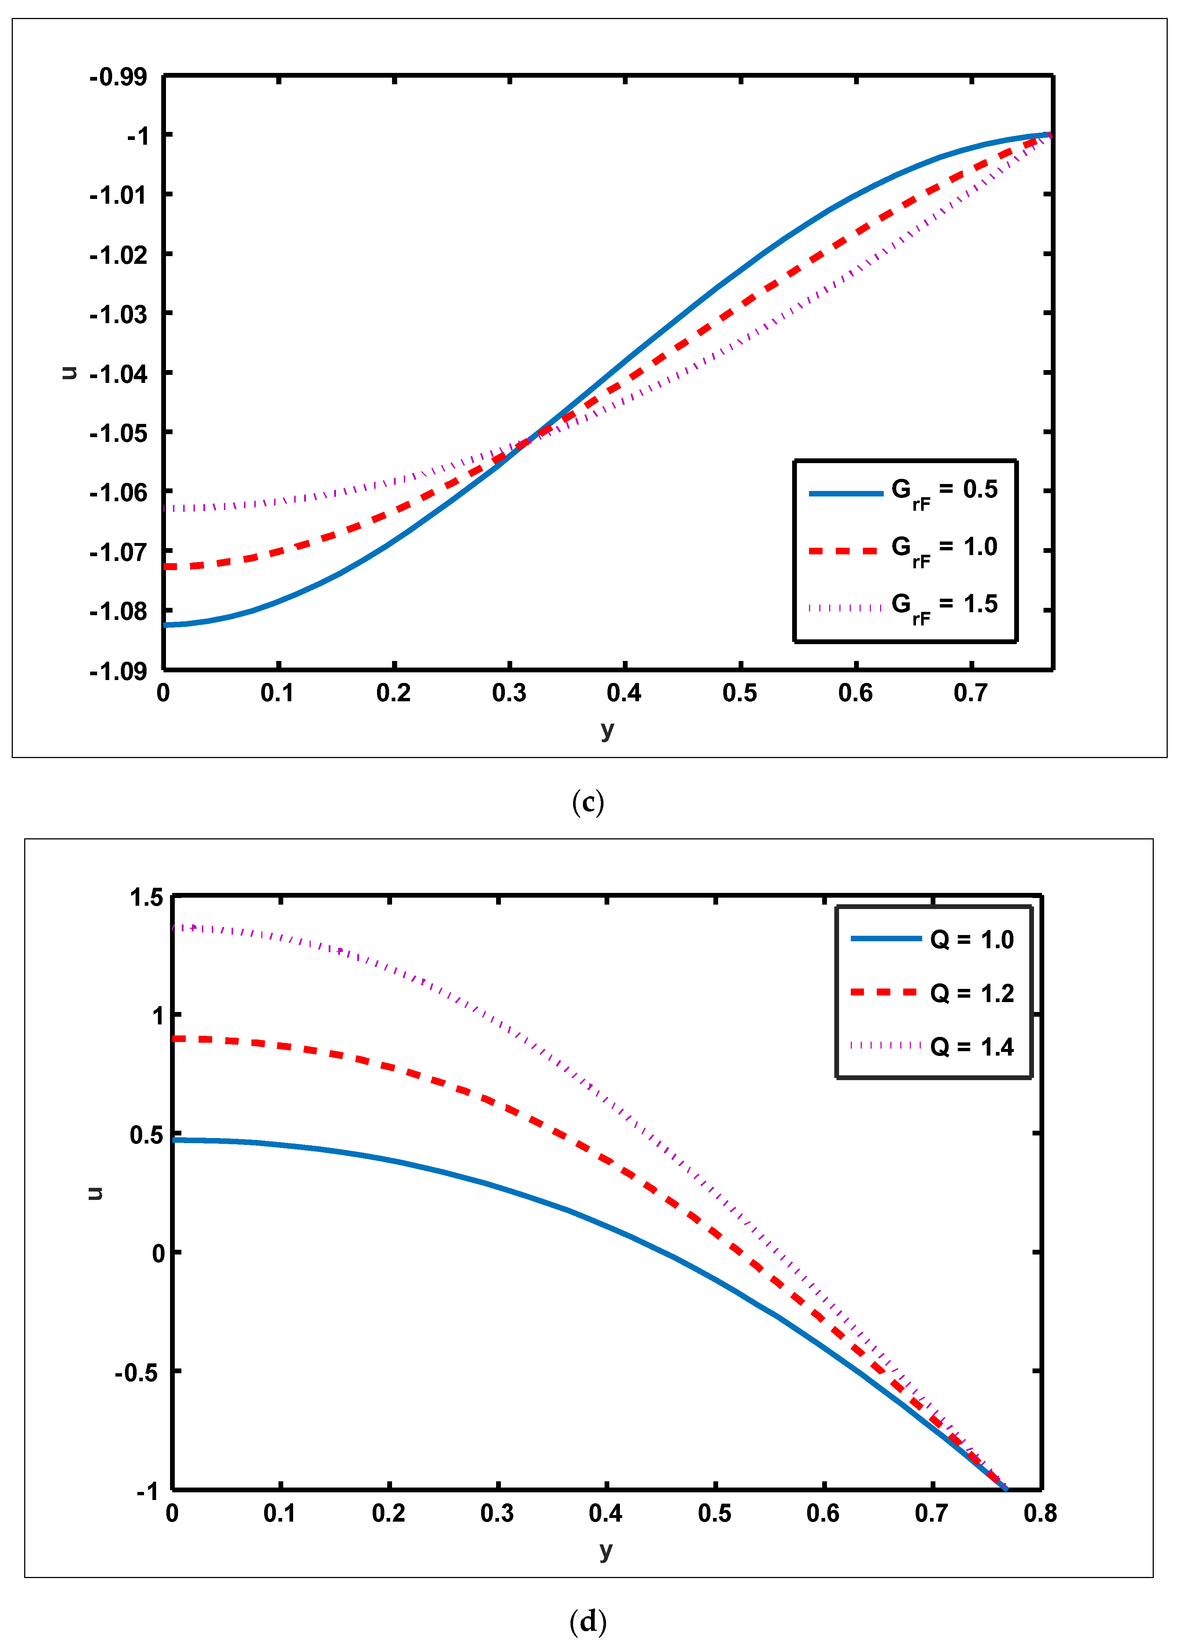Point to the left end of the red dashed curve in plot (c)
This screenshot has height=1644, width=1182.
[166, 566]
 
